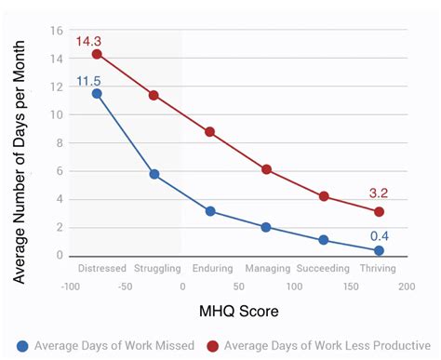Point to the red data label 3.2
(x=378, y=193)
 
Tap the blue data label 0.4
(x=379, y=235)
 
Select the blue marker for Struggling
(x=154, y=174)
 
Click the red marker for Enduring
(x=210, y=132)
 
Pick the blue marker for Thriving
(x=379, y=251)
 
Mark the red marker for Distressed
(x=97, y=54)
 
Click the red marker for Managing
(x=266, y=169)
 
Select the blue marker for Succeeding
(x=323, y=240)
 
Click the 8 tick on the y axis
(x=59, y=142)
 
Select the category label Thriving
(x=378, y=269)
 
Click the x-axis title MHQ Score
(x=237, y=310)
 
